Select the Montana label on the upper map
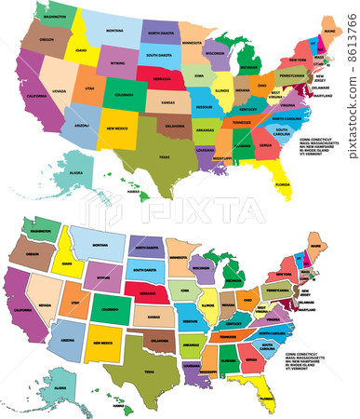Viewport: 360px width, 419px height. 113,30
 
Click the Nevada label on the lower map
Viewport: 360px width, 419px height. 43,295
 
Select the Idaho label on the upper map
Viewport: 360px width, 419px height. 82,49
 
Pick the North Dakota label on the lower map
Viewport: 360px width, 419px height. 146,249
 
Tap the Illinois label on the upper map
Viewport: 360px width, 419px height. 221,92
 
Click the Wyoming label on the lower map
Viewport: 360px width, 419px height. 103,277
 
